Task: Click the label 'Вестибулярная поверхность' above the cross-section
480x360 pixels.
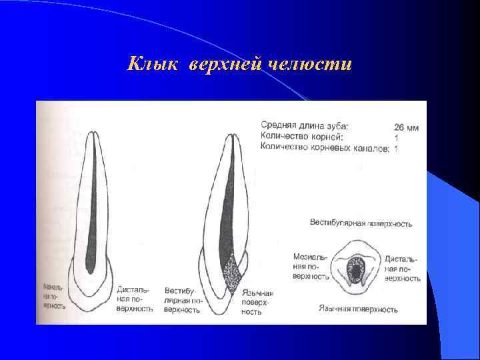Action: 361,223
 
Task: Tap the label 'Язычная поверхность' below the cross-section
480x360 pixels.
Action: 358,309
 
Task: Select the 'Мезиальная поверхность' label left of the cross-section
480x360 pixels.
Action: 311,266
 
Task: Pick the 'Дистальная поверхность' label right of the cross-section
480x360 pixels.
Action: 402,267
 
